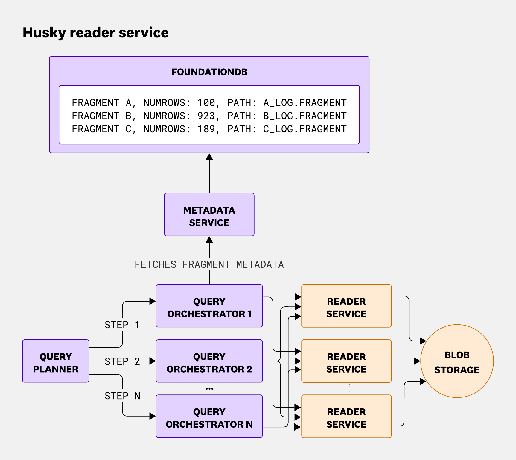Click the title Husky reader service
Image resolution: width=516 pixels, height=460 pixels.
click(x=95, y=33)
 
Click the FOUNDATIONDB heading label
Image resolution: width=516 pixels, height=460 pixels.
click(x=209, y=72)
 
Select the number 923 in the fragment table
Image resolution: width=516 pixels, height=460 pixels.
click(x=206, y=116)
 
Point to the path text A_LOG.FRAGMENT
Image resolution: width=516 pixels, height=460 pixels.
click(x=305, y=103)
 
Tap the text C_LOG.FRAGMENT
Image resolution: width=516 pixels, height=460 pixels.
click(x=305, y=129)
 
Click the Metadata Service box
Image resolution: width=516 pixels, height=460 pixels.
click(x=209, y=215)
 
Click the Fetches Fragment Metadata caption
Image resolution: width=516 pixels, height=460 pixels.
click(x=209, y=264)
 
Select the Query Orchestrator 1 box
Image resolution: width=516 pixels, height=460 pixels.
click(x=209, y=306)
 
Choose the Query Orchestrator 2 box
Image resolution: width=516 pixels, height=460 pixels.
click(x=209, y=361)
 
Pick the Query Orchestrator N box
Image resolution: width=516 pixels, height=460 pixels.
click(x=209, y=416)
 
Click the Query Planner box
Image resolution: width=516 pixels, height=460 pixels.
click(x=56, y=361)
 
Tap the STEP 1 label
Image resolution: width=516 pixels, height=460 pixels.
click(x=122, y=325)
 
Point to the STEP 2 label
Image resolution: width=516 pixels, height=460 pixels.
click(x=122, y=361)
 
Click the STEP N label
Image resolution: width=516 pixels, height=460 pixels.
click(x=122, y=396)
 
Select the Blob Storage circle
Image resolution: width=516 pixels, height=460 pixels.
click(x=457, y=361)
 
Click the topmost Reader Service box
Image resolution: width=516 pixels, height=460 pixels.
click(x=346, y=306)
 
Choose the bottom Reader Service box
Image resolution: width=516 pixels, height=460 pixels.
click(x=346, y=416)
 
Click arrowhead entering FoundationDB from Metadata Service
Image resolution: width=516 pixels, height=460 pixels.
click(x=209, y=157)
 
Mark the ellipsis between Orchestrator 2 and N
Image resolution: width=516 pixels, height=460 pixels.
click(x=209, y=389)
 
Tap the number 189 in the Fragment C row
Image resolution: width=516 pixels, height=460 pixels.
click(x=206, y=129)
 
